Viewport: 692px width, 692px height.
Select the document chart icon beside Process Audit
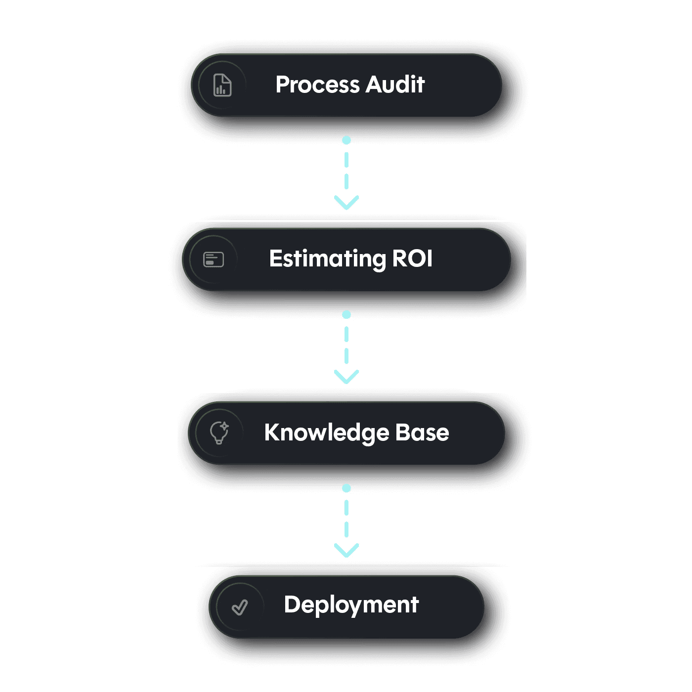pyautogui.click(x=222, y=85)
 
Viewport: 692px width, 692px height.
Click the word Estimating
pyautogui.click(x=327, y=259)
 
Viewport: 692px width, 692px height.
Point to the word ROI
pyautogui.click(x=412, y=259)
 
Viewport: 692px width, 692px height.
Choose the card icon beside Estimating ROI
pyautogui.click(x=214, y=259)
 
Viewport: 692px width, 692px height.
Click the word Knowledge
pyautogui.click(x=326, y=433)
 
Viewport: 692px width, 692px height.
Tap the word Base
pyautogui.click(x=422, y=432)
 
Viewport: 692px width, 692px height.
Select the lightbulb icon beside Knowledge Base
pyautogui.click(x=219, y=432)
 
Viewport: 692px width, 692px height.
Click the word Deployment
pyautogui.click(x=351, y=605)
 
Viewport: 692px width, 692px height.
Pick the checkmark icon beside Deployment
pyautogui.click(x=240, y=607)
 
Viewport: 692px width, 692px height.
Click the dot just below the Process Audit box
pyautogui.click(x=346, y=140)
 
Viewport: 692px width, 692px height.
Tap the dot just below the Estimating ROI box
pyautogui.click(x=346, y=315)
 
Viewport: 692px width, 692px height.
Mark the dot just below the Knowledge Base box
pyautogui.click(x=346, y=488)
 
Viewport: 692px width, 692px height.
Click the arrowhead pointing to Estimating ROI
pyautogui.click(x=346, y=203)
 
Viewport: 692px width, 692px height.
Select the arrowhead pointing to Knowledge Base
pyautogui.click(x=346, y=377)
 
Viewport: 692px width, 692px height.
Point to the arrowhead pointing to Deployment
pyautogui.click(x=346, y=550)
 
